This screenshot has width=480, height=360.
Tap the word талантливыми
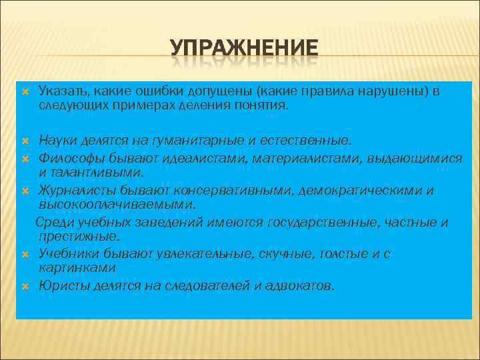(x=88, y=173)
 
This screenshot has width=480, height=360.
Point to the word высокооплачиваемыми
(x=117, y=204)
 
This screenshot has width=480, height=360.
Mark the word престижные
(x=79, y=236)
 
